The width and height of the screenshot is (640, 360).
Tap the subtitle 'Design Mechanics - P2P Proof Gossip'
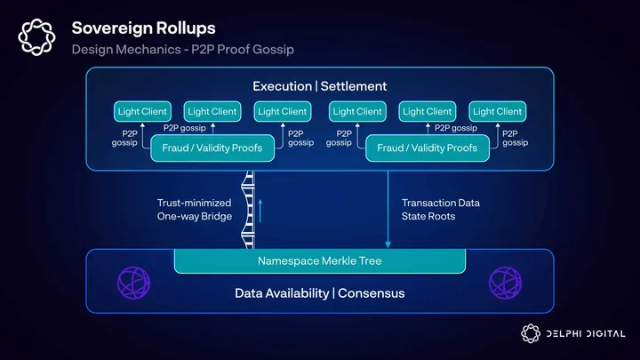coord(182,50)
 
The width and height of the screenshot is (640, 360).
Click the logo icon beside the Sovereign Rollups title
coord(37,36)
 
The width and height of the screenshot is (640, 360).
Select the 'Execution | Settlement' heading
coord(320,86)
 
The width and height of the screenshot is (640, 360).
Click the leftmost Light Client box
coord(142,112)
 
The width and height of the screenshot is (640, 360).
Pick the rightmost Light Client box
coord(497,112)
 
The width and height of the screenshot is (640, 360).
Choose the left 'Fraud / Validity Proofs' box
coord(212,148)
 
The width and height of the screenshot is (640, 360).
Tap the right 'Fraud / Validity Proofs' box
coord(427,148)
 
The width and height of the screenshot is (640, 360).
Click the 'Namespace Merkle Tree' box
coord(320,261)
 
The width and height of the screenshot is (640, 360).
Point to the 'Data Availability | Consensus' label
coord(320,293)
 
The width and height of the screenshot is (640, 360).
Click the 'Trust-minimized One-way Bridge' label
coord(194,210)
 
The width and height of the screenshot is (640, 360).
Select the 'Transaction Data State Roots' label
coord(441,210)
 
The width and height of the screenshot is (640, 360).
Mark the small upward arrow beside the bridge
coord(260,211)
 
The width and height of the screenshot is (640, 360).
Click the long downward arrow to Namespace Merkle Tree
coord(388,209)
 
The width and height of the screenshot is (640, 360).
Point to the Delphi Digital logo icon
coord(531,333)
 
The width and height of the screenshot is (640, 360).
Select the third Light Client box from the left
coord(282,112)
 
